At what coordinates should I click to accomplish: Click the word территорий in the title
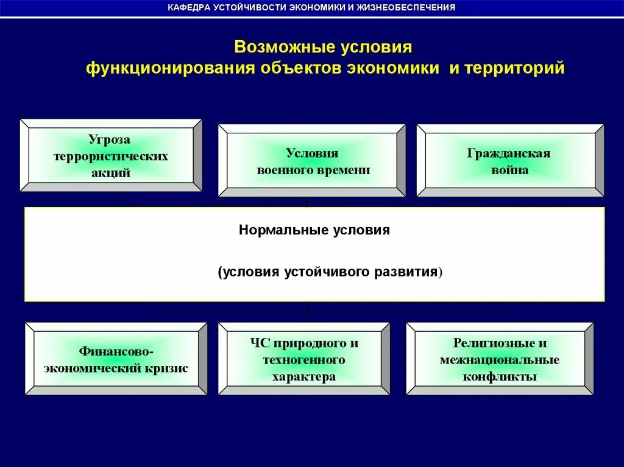tap(516, 68)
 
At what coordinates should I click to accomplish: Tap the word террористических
tap(110, 156)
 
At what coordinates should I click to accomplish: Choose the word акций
tap(110, 173)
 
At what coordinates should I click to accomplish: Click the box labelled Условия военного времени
tap(312, 161)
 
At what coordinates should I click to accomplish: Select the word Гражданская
tap(509, 153)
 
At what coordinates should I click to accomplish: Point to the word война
tap(509, 170)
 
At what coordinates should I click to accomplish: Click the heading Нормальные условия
tap(314, 231)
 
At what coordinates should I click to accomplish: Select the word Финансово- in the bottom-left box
tap(116, 352)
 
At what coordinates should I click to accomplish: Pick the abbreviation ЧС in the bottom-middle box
tap(260, 343)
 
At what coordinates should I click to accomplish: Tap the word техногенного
tap(303, 360)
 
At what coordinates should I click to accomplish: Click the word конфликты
tap(499, 377)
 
